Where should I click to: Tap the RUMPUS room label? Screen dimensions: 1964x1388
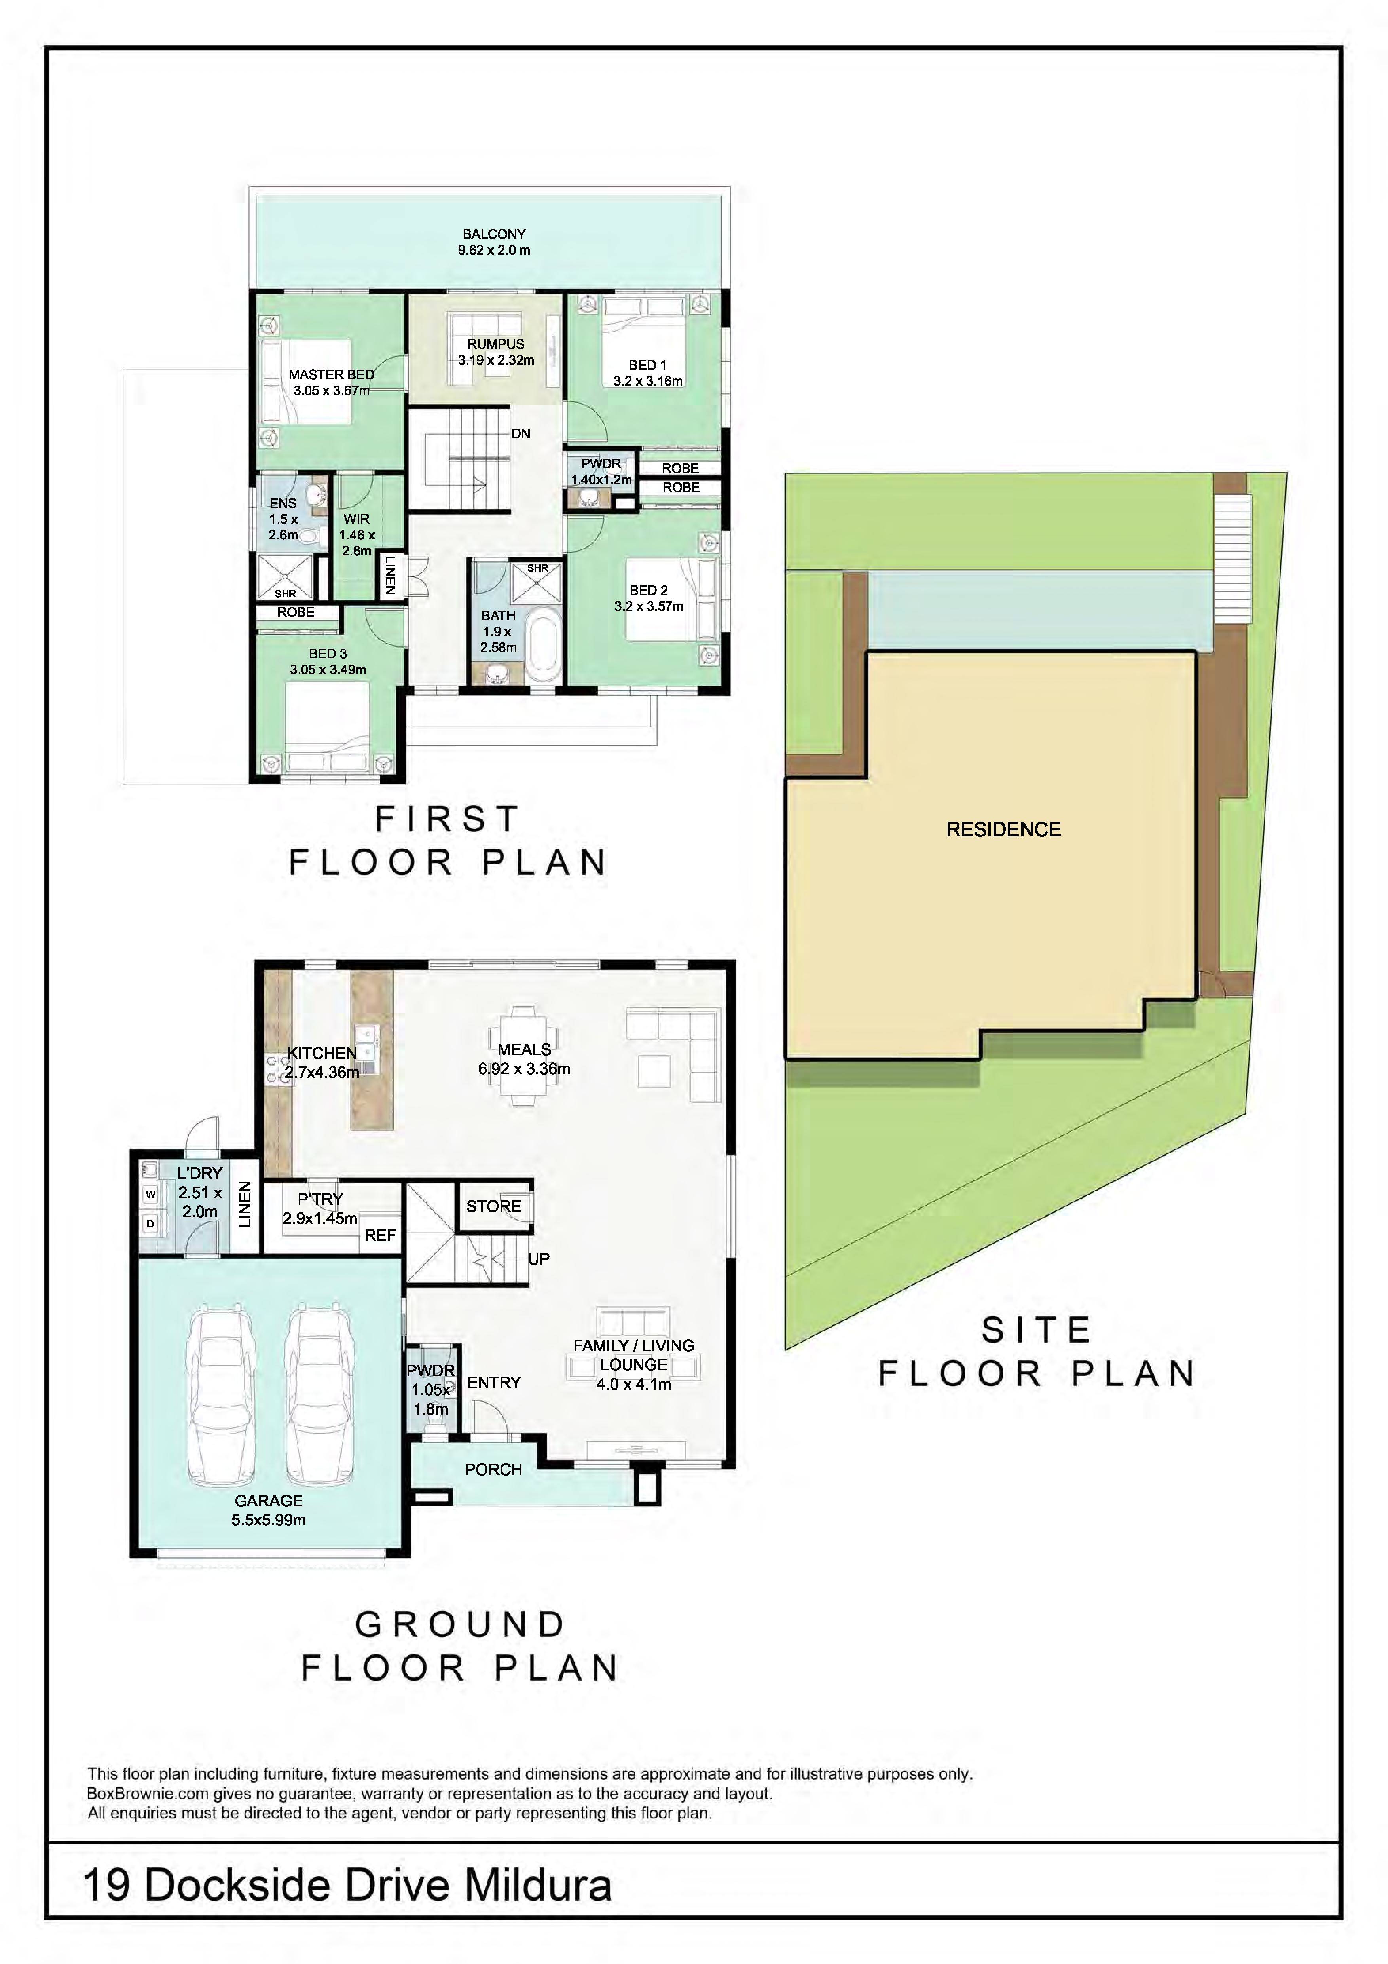pyautogui.click(x=496, y=344)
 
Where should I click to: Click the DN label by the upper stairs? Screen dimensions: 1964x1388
pyautogui.click(x=521, y=434)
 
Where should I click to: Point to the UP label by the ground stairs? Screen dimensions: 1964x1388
pyautogui.click(x=539, y=1259)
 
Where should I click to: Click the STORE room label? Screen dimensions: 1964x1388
pyautogui.click(x=493, y=1206)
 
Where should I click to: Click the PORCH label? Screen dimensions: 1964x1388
pyautogui.click(x=493, y=1470)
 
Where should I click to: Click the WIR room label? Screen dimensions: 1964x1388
pyautogui.click(x=356, y=519)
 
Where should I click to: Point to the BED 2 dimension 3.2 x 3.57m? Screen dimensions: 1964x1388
pyautogui.click(x=648, y=606)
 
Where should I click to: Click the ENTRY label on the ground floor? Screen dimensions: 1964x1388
pyautogui.click(x=493, y=1382)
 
